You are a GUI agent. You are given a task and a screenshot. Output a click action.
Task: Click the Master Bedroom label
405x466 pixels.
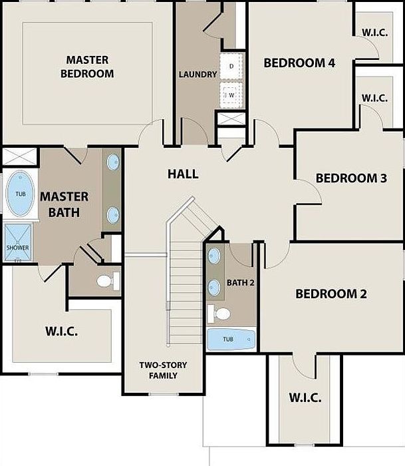point(87,67)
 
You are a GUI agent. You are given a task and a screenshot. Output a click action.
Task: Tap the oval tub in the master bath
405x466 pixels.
point(20,194)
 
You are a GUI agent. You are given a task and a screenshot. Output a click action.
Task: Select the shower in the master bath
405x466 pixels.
point(18,242)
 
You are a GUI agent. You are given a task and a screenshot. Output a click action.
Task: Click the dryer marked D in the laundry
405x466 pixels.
point(231,67)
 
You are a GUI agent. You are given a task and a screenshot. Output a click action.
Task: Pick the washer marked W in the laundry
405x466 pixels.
point(231,95)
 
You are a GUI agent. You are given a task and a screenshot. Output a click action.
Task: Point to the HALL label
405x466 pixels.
point(183,174)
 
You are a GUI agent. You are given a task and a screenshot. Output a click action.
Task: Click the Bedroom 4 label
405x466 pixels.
point(299,63)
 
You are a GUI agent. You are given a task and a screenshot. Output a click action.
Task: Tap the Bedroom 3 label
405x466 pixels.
point(351,178)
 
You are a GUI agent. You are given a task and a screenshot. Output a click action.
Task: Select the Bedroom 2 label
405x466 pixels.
point(331,294)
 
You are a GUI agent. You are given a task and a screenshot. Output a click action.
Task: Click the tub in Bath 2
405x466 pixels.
point(231,339)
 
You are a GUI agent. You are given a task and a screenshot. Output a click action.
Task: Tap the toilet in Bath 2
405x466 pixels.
point(219,314)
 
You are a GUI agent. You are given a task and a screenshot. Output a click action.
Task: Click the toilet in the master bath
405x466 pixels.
point(108,281)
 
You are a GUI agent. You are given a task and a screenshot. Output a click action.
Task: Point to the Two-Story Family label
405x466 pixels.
point(164,370)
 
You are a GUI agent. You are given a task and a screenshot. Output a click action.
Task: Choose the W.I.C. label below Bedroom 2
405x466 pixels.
point(305,397)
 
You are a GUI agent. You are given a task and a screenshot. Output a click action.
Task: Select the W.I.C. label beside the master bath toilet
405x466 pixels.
point(62,331)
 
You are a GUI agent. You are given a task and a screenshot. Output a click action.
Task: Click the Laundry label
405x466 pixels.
point(198,75)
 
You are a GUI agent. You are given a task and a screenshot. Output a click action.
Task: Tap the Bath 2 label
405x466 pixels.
point(241,283)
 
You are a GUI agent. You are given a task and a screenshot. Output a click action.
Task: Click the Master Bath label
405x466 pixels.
point(64,204)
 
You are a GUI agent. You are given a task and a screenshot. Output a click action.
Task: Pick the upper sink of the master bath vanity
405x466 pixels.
point(113,162)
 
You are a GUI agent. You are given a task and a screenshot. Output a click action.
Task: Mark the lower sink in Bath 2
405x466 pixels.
point(214,288)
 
